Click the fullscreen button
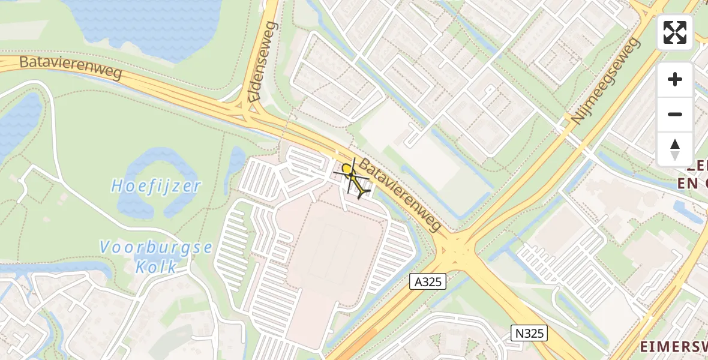(675, 32)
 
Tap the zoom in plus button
(675, 79)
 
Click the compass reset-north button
(675, 149)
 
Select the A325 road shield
(428, 281)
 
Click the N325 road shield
(529, 333)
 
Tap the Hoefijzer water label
(156, 186)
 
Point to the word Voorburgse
(156, 247)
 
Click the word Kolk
(155, 266)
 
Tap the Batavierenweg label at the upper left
(71, 68)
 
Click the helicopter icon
(353, 178)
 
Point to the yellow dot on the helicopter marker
(347, 170)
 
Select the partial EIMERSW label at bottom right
(672, 346)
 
